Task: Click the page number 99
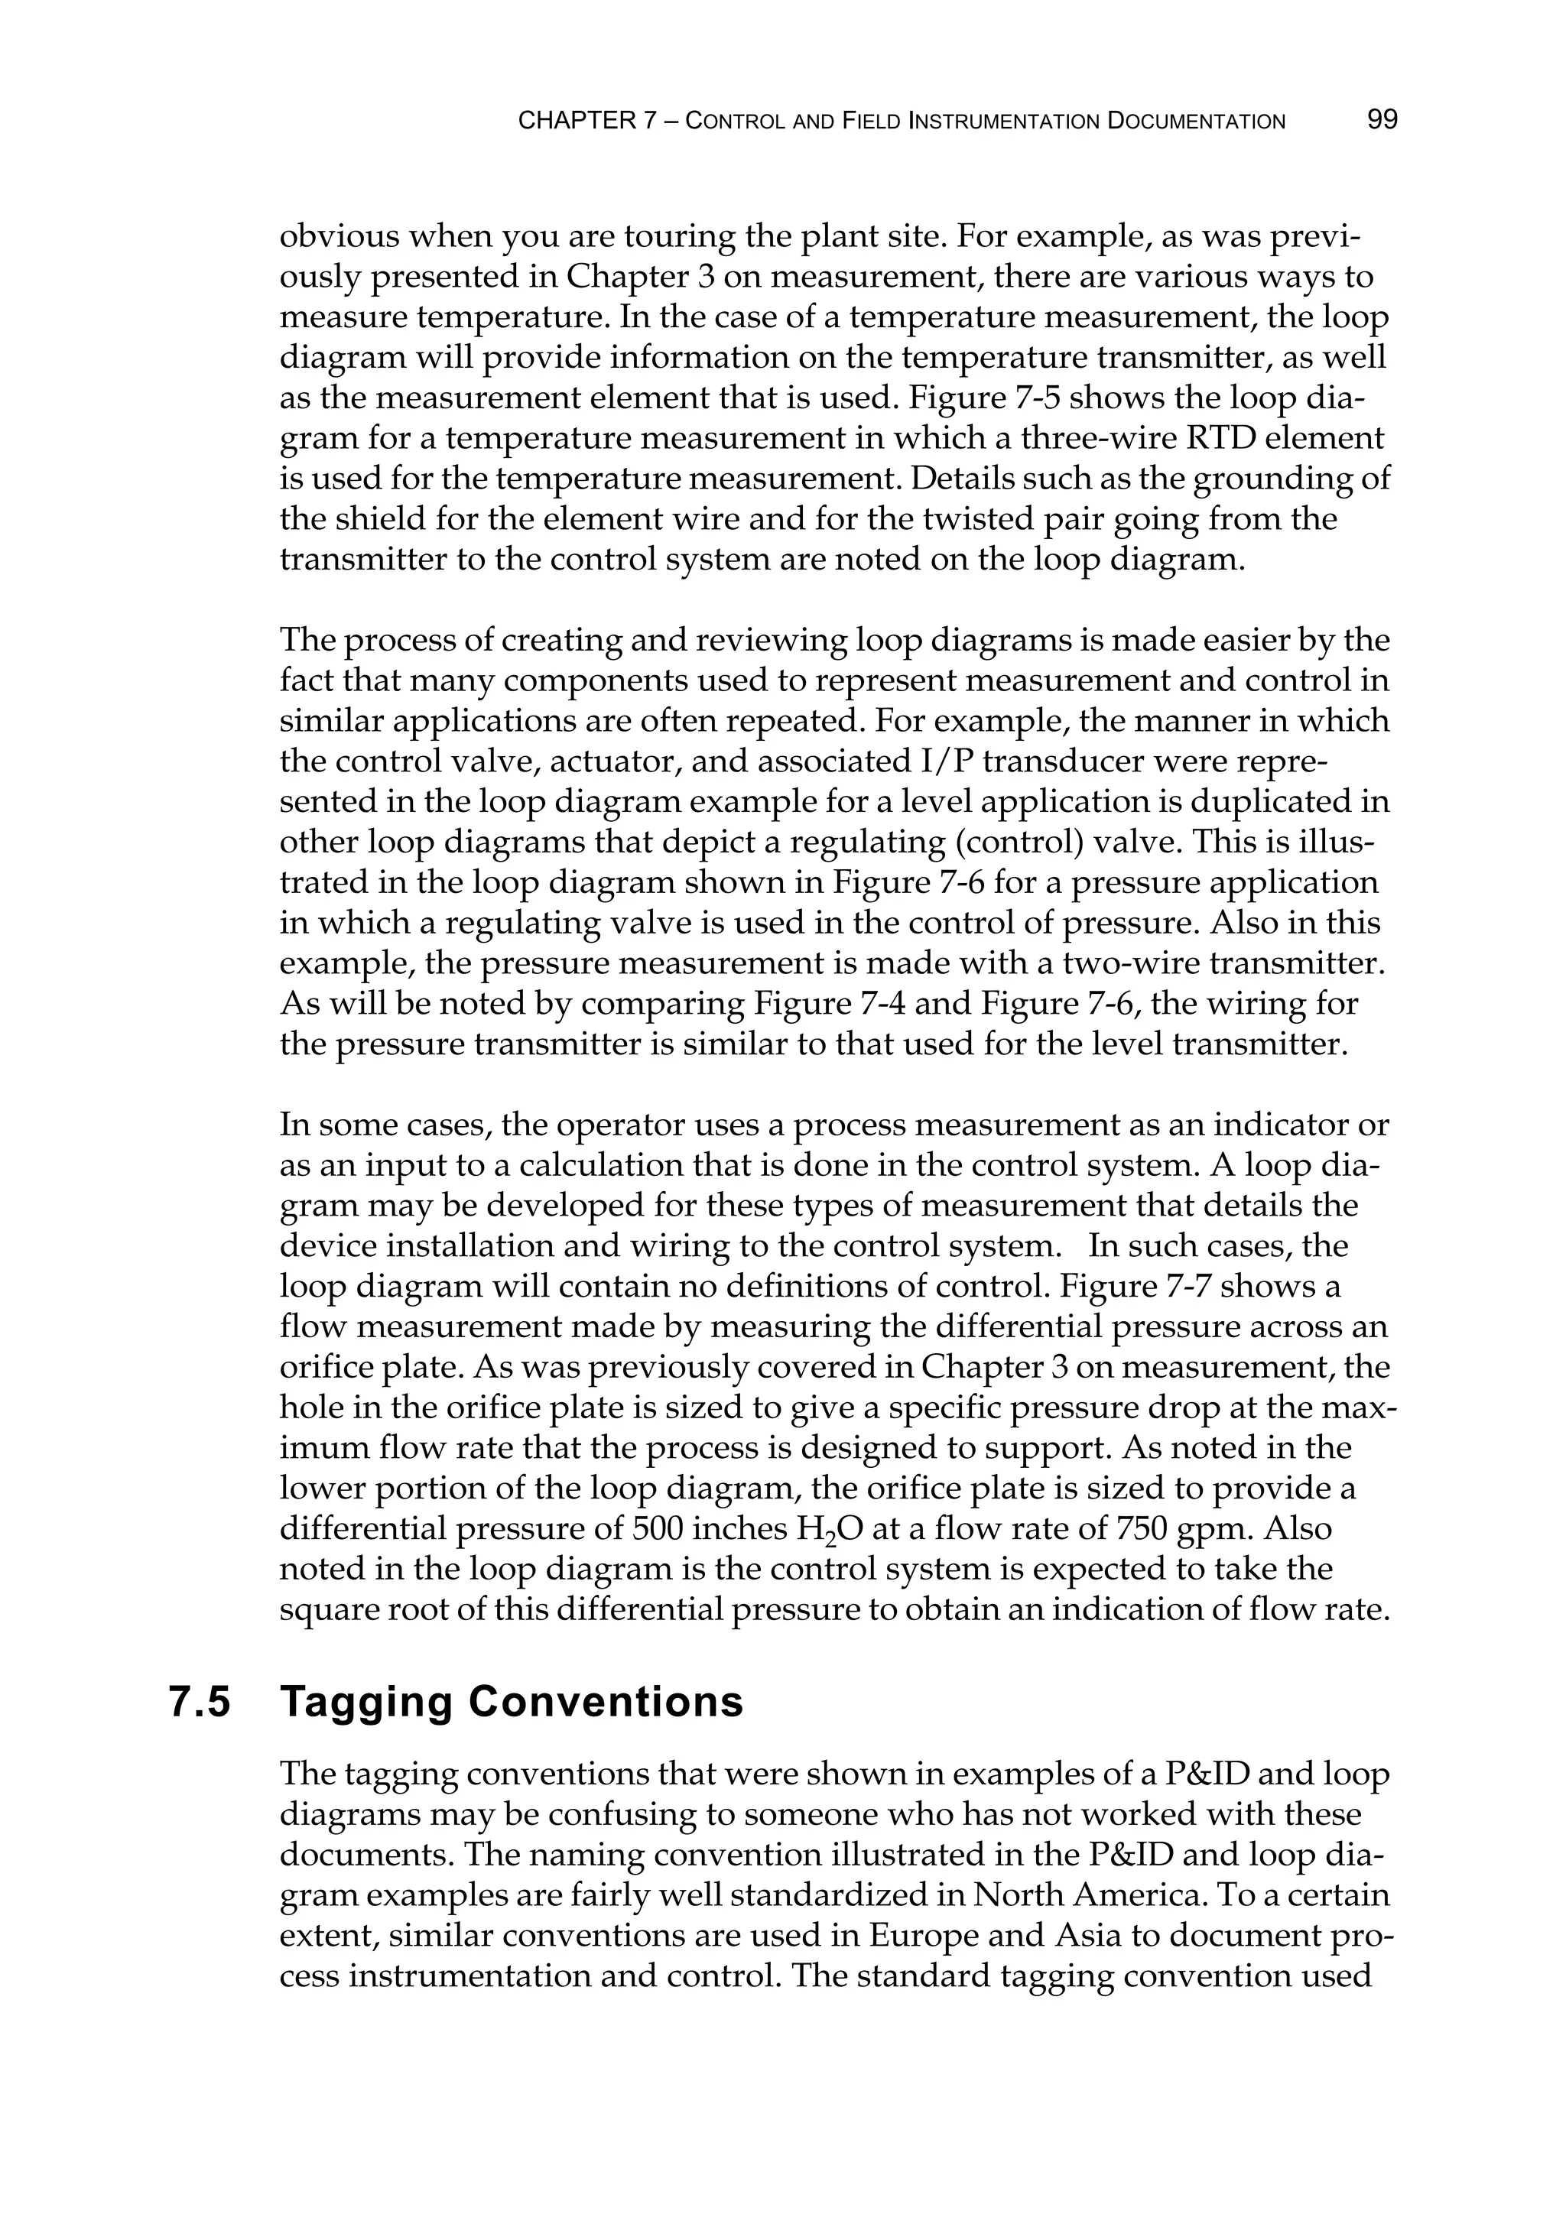pos(1382,120)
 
